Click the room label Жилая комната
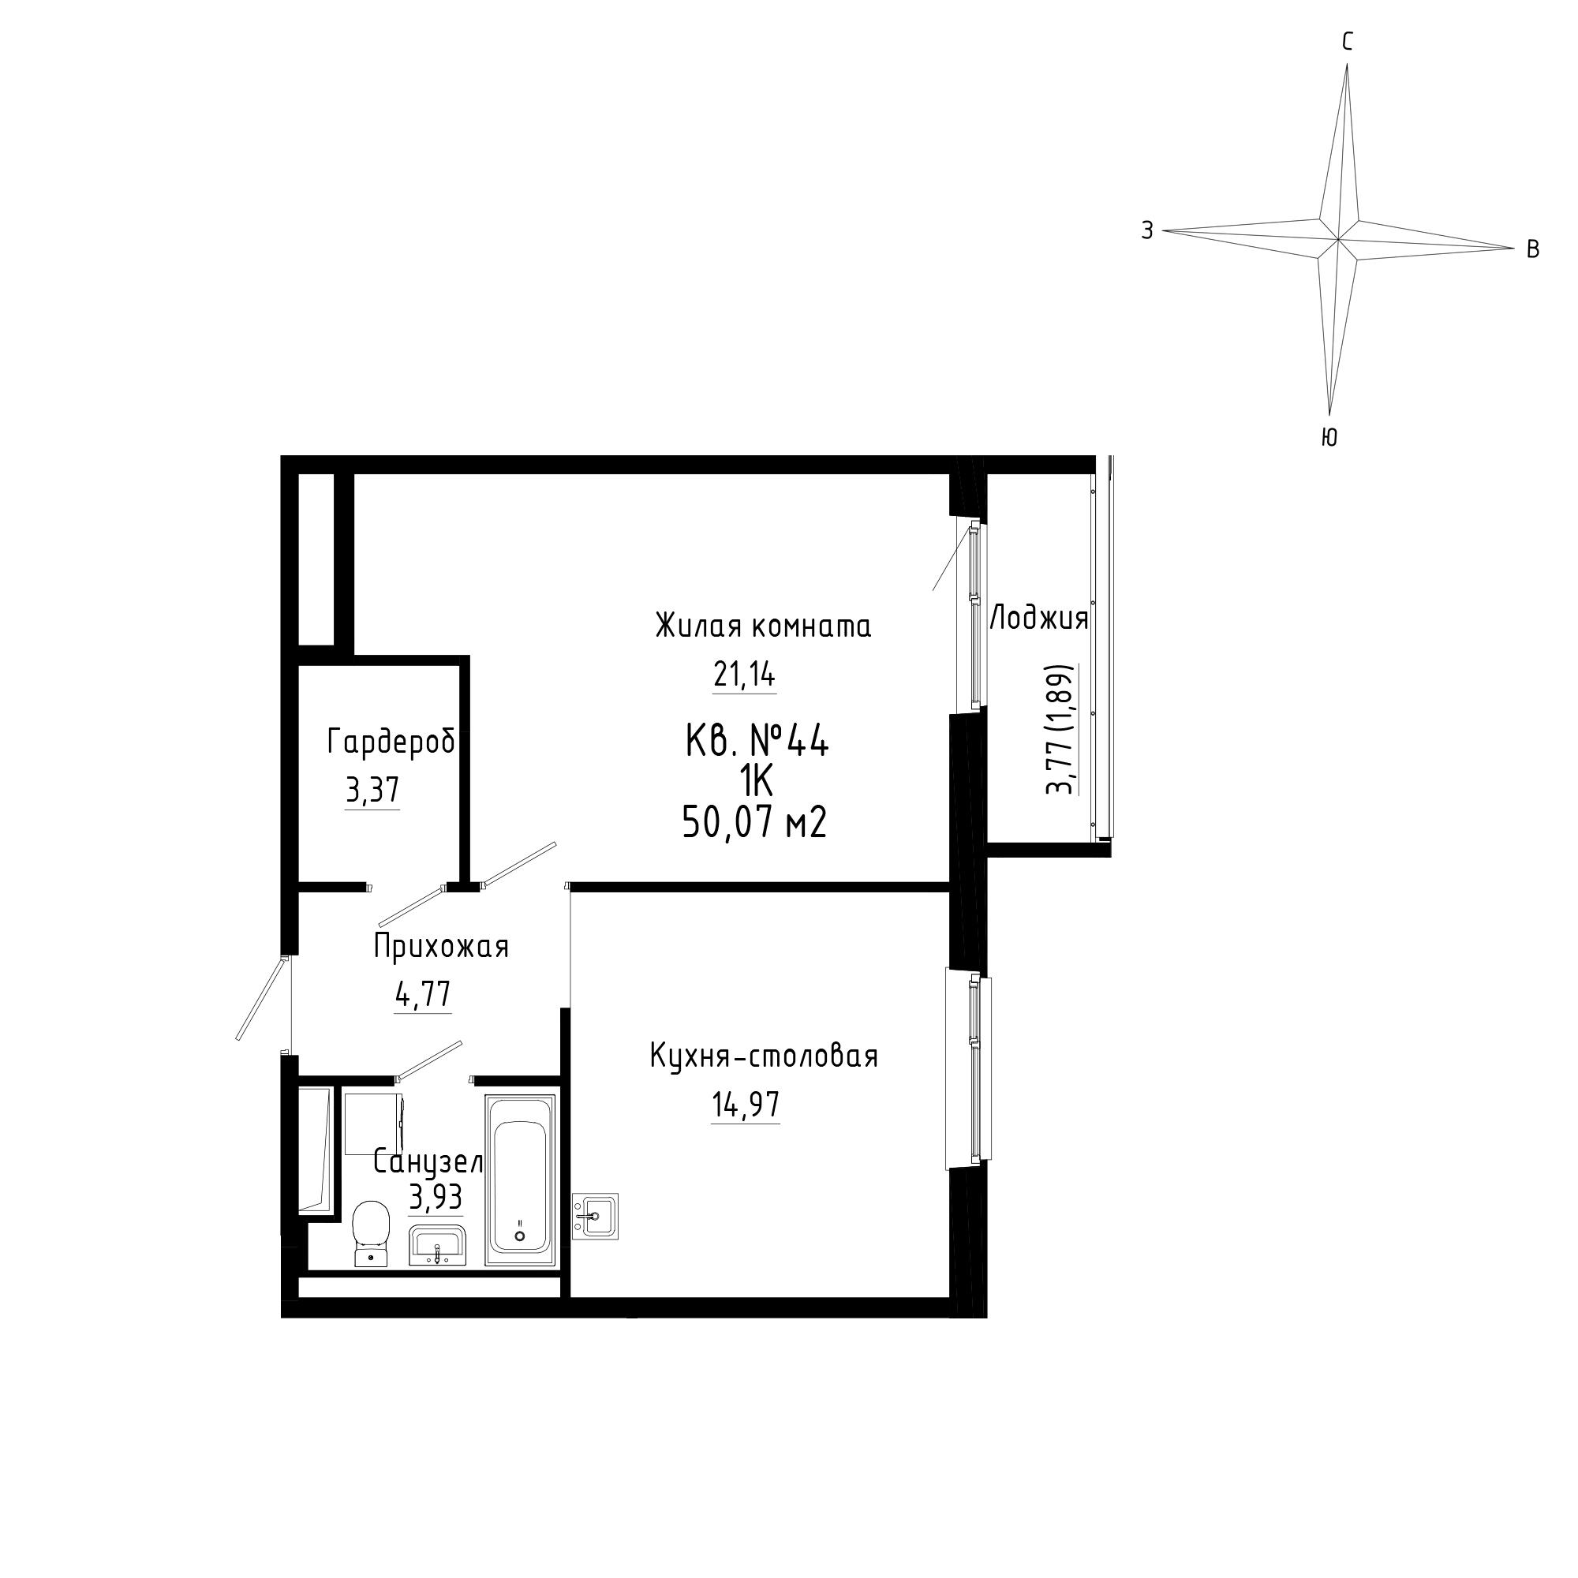(763, 626)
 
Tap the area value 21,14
(744, 675)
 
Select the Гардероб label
(391, 742)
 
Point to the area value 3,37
(372, 791)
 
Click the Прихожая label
(441, 947)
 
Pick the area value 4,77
(423, 995)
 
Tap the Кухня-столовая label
(764, 1056)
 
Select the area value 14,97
(746, 1105)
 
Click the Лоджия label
(1039, 619)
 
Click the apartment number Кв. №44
(757, 742)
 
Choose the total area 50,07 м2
(755, 822)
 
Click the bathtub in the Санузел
(520, 1180)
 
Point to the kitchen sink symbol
(596, 1216)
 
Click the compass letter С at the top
(1348, 42)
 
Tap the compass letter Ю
(1329, 438)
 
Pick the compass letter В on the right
(1533, 250)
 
